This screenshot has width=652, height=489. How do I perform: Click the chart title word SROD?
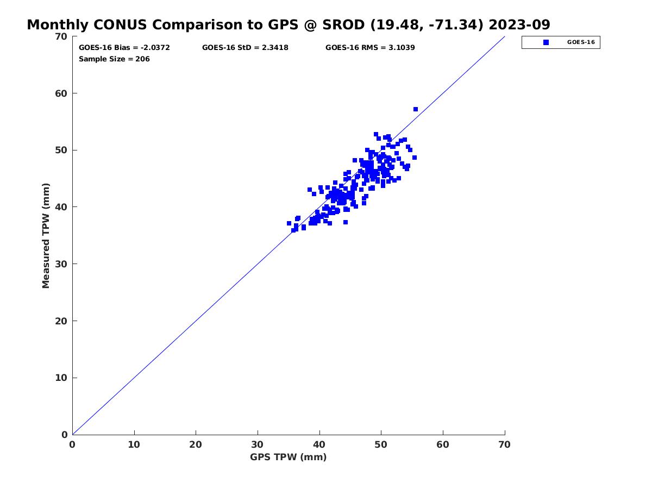(343, 24)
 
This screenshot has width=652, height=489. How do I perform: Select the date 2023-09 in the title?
(519, 24)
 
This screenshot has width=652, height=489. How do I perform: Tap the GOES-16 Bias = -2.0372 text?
(124, 47)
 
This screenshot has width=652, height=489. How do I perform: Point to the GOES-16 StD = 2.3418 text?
(245, 47)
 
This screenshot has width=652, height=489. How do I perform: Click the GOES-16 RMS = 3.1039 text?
(370, 47)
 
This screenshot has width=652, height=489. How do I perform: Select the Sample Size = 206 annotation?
(114, 59)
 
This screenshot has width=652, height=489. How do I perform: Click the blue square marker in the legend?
(546, 42)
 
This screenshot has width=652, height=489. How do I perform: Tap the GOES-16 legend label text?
(581, 42)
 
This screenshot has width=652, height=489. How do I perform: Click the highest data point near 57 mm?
(416, 109)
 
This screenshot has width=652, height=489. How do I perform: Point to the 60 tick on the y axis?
(74, 93)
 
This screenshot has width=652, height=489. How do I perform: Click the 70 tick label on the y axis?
(61, 36)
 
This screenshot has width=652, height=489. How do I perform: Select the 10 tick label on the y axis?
(61, 378)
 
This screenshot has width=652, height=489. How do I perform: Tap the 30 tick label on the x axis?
(257, 444)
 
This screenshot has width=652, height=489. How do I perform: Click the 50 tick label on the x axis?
(381, 444)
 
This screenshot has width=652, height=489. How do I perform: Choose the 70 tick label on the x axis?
(504, 444)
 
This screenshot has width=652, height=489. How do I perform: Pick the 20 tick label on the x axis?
(196, 444)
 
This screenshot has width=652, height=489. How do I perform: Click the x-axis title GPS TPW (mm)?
(288, 457)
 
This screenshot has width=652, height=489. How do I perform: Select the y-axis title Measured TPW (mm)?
(46, 236)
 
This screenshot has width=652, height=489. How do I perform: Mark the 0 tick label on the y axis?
(65, 435)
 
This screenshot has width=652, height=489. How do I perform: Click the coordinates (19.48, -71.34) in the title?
(427, 24)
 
